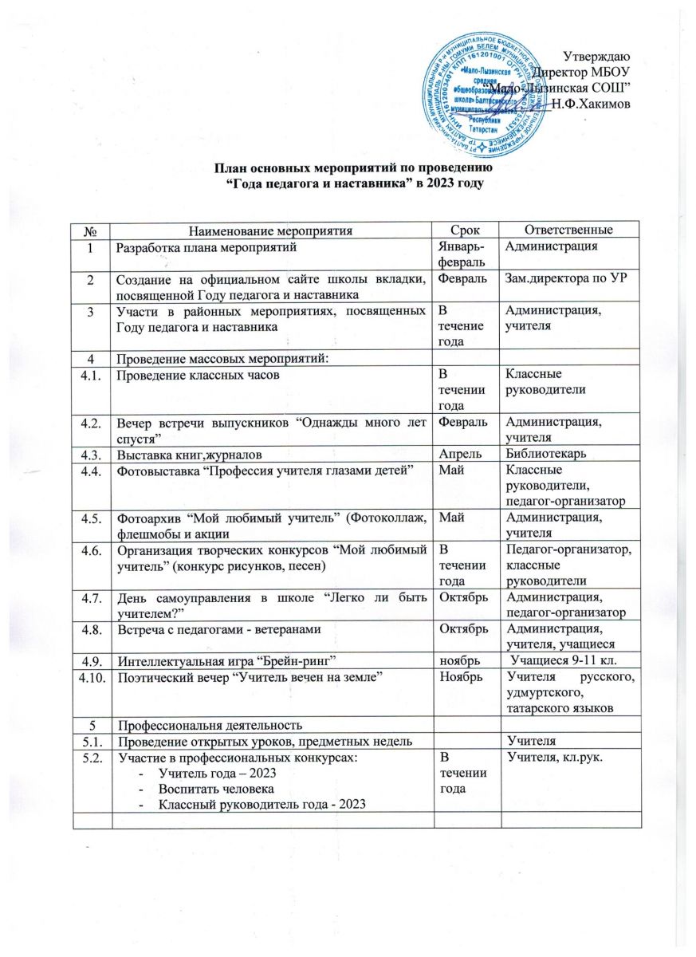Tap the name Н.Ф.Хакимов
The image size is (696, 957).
[x=591, y=104]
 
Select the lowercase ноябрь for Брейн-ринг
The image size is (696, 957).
[x=456, y=660]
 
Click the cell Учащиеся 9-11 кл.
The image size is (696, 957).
[x=568, y=660]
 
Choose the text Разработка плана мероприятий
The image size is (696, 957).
[x=207, y=247]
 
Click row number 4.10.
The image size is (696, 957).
[x=93, y=678]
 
